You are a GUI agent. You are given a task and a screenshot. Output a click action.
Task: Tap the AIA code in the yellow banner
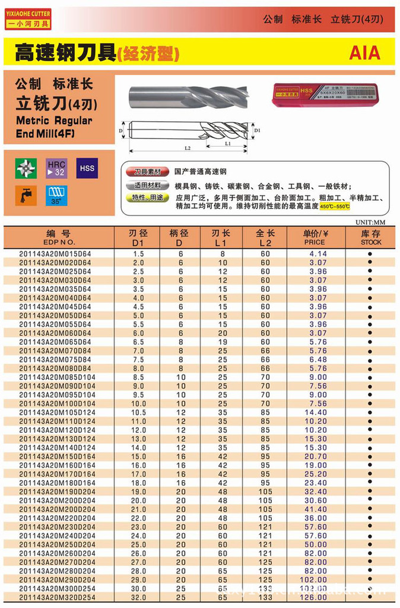(364, 53)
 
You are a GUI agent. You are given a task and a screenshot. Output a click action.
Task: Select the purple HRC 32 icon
(56, 168)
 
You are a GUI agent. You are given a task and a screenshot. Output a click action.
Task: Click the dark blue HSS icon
(86, 168)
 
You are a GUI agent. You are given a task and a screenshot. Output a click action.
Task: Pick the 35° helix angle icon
(56, 196)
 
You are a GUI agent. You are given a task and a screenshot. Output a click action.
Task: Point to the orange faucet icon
(26, 196)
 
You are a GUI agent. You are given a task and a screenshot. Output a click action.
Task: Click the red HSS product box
(323, 93)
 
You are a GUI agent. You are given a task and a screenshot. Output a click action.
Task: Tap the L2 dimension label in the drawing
(188, 147)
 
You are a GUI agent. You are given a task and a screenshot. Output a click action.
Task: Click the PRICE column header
(315, 238)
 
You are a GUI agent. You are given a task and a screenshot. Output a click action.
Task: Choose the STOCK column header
(370, 238)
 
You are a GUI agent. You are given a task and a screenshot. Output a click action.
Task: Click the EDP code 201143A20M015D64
(55, 254)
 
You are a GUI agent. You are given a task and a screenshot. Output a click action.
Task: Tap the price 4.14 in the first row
(318, 254)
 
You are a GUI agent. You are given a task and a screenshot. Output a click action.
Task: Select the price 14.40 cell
(316, 412)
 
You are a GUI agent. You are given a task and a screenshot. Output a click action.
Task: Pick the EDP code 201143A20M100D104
(57, 404)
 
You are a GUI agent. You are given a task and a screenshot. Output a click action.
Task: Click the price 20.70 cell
(316, 456)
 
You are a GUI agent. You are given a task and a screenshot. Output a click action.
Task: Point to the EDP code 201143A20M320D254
(57, 597)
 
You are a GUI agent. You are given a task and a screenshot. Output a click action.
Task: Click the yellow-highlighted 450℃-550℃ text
(335, 206)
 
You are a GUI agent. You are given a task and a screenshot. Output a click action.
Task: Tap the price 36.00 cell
(316, 518)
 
